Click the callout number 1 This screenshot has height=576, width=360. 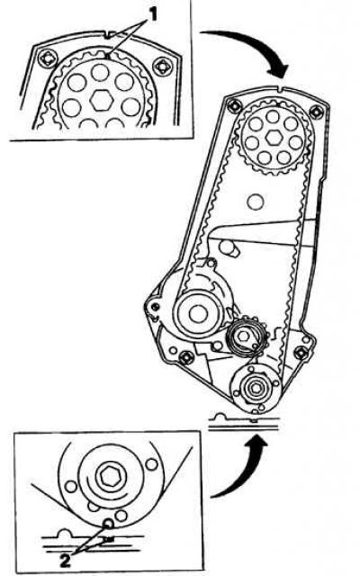click(x=152, y=14)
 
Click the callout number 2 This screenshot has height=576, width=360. click(x=65, y=561)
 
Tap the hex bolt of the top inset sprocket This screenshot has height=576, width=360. click(x=101, y=100)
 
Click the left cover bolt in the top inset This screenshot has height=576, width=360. click(x=47, y=58)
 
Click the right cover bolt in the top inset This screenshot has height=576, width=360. click(x=162, y=66)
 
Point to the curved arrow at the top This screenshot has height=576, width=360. click(x=254, y=44)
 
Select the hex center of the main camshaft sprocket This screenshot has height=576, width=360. click(x=274, y=138)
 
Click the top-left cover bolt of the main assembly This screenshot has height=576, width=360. click(x=234, y=106)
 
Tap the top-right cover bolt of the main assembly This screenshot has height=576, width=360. click(x=316, y=111)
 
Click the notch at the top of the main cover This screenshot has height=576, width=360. click(x=280, y=89)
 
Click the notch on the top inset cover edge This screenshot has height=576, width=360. click(x=107, y=36)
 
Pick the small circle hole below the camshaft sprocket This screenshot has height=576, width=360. click(x=254, y=202)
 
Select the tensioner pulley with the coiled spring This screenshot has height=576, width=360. click(x=243, y=337)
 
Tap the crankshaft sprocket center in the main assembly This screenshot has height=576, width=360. click(x=255, y=388)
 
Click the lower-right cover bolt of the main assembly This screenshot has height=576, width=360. click(x=301, y=353)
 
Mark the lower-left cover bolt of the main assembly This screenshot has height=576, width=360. click(x=185, y=356)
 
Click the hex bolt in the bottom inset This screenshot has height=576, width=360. click(x=109, y=476)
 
